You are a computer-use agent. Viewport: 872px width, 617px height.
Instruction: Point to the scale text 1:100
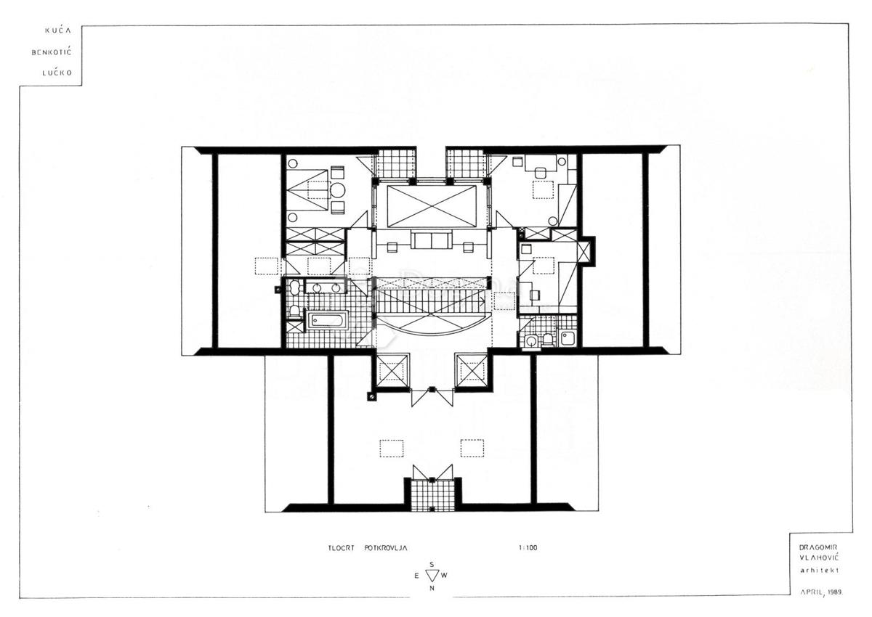[x=528, y=548]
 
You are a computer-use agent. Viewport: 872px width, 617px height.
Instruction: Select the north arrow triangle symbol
[x=432, y=575]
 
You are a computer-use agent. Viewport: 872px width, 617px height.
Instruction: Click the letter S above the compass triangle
[x=432, y=563]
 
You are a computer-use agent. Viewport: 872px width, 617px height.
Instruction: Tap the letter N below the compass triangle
[x=432, y=588]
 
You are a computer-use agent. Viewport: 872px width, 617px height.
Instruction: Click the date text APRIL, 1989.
[x=822, y=592]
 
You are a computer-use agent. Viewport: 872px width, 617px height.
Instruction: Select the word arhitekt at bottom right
[x=817, y=570]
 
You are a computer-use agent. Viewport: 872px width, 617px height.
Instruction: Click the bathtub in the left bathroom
[x=327, y=320]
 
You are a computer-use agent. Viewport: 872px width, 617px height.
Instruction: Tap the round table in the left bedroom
[x=338, y=191]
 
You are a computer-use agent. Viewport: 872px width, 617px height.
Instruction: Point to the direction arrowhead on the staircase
[x=483, y=299]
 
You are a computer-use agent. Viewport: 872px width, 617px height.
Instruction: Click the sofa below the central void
[x=431, y=240]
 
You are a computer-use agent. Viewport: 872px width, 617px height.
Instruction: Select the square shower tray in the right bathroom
[x=567, y=338]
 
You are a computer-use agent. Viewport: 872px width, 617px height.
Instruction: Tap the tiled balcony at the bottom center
[x=432, y=494]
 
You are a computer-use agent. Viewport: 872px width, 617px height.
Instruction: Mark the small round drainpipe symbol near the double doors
[x=372, y=397]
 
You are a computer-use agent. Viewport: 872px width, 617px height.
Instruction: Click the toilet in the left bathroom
[x=294, y=311]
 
